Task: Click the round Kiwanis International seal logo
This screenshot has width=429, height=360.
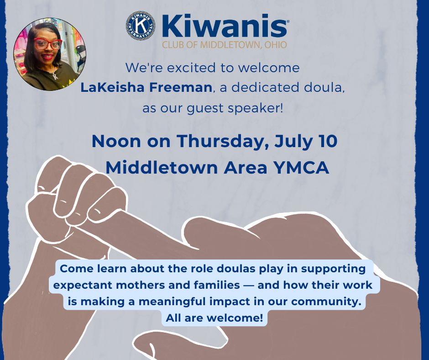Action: pos(141,26)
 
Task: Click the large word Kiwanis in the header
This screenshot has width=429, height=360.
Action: pos(225,26)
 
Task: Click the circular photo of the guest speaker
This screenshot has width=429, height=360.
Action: pos(50,54)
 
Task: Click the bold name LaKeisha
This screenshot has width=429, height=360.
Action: pos(113,87)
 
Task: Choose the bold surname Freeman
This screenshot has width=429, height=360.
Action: pos(181,87)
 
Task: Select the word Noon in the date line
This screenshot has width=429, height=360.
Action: pos(116,141)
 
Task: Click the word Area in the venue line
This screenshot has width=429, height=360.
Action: pos(246,168)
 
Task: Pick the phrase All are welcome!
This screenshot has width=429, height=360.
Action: pos(214,318)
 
